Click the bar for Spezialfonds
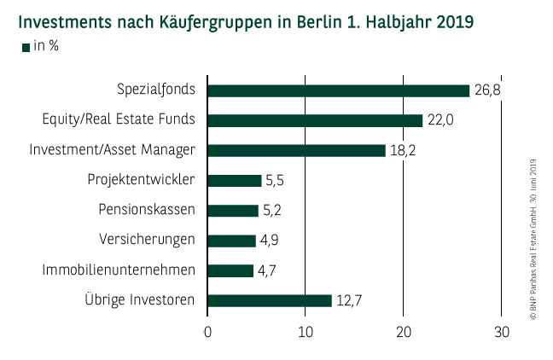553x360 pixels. (x=339, y=90)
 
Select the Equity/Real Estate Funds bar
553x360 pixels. (x=315, y=120)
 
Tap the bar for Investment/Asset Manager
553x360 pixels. (x=296, y=150)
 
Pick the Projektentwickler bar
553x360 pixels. (x=235, y=180)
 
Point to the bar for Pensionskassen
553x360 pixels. (x=233, y=210)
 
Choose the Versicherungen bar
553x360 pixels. (x=231, y=240)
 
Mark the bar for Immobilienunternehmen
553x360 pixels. (x=230, y=270)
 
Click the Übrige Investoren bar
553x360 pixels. (x=270, y=300)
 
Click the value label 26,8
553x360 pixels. (x=486, y=90)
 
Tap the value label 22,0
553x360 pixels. (x=439, y=120)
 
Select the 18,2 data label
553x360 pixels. (x=402, y=151)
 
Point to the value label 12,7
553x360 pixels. (x=348, y=300)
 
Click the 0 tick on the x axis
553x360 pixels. (x=207, y=332)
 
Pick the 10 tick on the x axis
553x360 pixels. (x=306, y=332)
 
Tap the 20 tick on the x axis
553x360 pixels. (x=404, y=332)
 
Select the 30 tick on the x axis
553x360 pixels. (x=502, y=332)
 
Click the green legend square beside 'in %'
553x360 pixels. (x=26, y=47)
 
